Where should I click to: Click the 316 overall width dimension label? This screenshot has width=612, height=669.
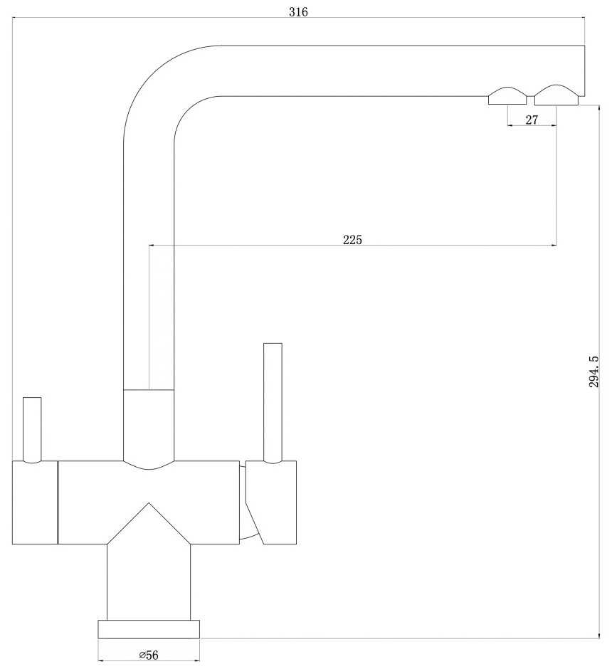[x=298, y=12]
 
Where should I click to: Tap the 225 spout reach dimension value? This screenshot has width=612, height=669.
[x=352, y=240]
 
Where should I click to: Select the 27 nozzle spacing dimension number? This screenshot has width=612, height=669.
[x=532, y=120]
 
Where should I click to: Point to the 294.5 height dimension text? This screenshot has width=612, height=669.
[x=593, y=372]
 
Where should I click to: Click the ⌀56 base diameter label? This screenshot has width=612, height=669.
[x=149, y=655]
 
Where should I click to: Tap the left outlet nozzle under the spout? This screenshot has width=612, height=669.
[x=507, y=96]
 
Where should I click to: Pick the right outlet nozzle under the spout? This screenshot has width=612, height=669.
[x=556, y=95]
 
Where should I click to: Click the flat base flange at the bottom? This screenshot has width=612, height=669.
[x=149, y=629]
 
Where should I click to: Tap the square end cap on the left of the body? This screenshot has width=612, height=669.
[x=35, y=502]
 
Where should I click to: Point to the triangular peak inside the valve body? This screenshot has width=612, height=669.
[x=149, y=503]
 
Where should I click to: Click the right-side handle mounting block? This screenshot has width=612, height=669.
[x=271, y=502]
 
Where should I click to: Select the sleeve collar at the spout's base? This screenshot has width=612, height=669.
[x=149, y=426]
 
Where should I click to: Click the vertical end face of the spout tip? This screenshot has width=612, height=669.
[x=584, y=71]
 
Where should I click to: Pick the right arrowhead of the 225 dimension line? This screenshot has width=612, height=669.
[x=554, y=246]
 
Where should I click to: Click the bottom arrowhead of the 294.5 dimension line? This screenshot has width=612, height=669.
[x=599, y=636]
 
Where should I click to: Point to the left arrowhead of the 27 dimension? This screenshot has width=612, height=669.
[x=510, y=125]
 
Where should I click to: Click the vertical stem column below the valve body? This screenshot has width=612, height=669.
[x=149, y=582]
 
